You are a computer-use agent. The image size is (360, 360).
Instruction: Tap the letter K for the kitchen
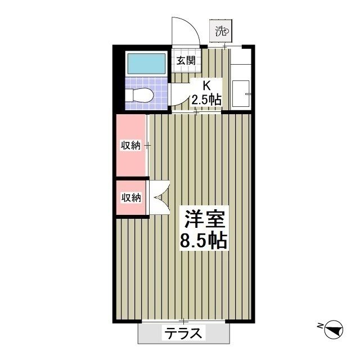(206, 86)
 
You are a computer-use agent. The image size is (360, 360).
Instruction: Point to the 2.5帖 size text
(206, 100)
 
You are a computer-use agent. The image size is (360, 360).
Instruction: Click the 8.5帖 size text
(203, 241)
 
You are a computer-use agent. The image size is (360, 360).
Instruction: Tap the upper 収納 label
(130, 145)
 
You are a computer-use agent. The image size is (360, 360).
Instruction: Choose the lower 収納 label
(130, 197)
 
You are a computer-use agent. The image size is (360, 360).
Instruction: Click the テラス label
(183, 333)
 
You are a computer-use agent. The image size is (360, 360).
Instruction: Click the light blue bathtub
(145, 64)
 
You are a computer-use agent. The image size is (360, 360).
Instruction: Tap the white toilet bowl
(138, 95)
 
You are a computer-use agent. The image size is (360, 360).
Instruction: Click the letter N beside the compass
(319, 325)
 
